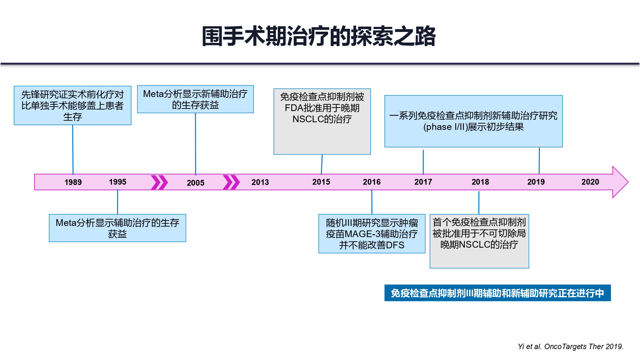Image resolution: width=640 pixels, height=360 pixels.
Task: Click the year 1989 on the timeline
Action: [73, 182]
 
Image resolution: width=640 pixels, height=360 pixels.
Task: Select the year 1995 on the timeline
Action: [117, 182]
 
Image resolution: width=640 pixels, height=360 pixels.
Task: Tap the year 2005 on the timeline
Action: [196, 183]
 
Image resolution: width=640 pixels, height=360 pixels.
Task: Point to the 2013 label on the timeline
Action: [260, 182]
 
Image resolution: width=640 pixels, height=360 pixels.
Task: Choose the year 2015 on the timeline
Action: [321, 182]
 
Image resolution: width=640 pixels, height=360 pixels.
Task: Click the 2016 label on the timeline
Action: [372, 182]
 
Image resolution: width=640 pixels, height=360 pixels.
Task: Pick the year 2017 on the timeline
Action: [423, 182]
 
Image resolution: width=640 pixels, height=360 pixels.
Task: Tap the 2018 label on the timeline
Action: [480, 182]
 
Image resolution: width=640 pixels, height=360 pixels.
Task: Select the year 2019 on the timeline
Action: [536, 182]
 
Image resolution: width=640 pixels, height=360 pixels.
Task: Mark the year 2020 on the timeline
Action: [590, 182]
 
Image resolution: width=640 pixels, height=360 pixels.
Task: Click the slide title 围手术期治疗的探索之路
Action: [319, 36]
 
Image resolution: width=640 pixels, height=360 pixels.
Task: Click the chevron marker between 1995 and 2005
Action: [159, 182]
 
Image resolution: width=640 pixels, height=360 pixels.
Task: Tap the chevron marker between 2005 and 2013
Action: [231, 182]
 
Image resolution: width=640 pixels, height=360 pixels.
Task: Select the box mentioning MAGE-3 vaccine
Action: [372, 234]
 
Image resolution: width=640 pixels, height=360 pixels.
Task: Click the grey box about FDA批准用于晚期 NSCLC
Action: [322, 122]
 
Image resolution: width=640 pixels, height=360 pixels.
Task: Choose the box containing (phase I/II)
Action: [474, 121]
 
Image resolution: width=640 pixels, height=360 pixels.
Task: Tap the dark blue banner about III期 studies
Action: [498, 293]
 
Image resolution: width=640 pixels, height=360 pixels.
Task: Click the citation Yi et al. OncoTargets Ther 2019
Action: [571, 347]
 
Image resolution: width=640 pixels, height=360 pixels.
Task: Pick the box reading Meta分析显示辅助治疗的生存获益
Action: [117, 228]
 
